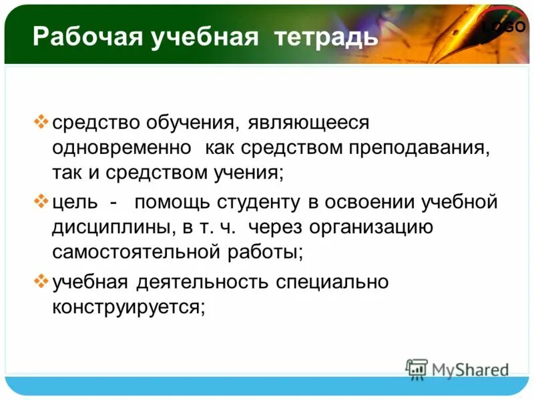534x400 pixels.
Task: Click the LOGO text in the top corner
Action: pos(505,27)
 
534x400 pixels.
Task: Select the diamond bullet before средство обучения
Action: pos(41,121)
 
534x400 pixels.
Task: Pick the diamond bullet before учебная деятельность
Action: pos(41,280)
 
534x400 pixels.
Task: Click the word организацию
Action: pos(377,227)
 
